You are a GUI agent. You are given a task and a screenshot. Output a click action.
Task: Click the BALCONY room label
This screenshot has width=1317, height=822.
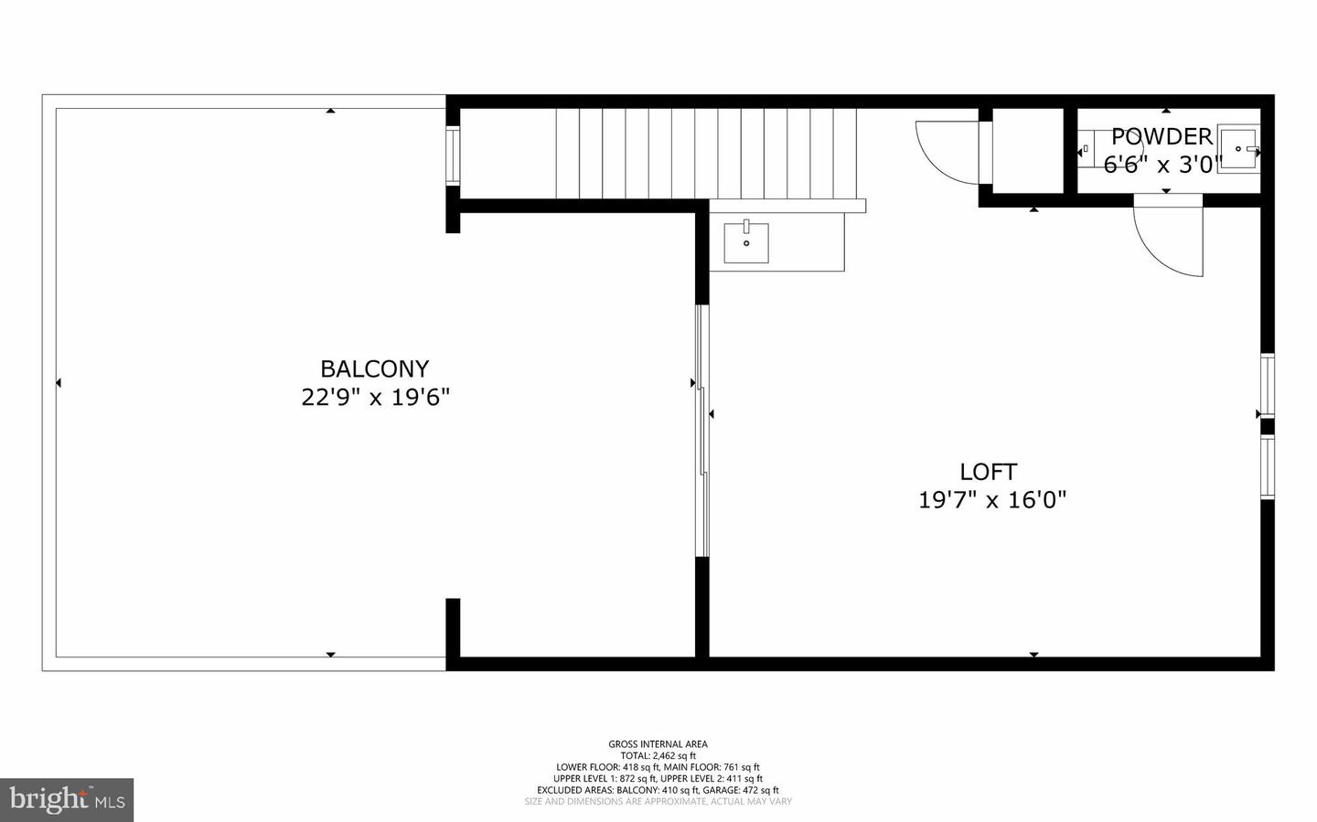pyautogui.click(x=374, y=368)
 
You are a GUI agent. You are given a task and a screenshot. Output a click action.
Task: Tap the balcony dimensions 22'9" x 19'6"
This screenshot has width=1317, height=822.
pyautogui.click(x=375, y=398)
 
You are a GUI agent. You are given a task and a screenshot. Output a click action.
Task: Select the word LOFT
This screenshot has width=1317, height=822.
pyautogui.click(x=988, y=472)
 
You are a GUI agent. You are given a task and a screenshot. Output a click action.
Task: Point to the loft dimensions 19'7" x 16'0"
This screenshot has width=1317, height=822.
pyautogui.click(x=992, y=500)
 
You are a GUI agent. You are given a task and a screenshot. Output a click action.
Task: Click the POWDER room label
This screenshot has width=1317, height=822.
pyautogui.click(x=1162, y=137)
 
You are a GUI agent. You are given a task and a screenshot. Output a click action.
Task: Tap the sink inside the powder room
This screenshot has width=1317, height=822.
pyautogui.click(x=1238, y=148)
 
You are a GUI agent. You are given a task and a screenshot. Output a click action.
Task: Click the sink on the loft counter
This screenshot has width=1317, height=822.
pyautogui.click(x=746, y=242)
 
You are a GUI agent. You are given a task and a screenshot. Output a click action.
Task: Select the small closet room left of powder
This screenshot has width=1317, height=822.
pyautogui.click(x=1027, y=151)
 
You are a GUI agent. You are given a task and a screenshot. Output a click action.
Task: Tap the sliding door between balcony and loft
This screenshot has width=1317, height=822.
pyautogui.click(x=702, y=430)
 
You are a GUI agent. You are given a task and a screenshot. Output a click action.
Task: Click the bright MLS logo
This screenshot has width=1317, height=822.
pyautogui.click(x=67, y=800)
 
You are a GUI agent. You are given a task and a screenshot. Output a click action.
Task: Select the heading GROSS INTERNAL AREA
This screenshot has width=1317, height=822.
pyautogui.click(x=658, y=744)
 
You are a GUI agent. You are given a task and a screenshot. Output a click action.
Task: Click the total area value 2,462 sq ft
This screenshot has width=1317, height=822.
pyautogui.click(x=673, y=756)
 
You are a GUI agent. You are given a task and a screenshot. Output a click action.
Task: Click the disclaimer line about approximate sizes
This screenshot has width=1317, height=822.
pyautogui.click(x=658, y=802)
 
